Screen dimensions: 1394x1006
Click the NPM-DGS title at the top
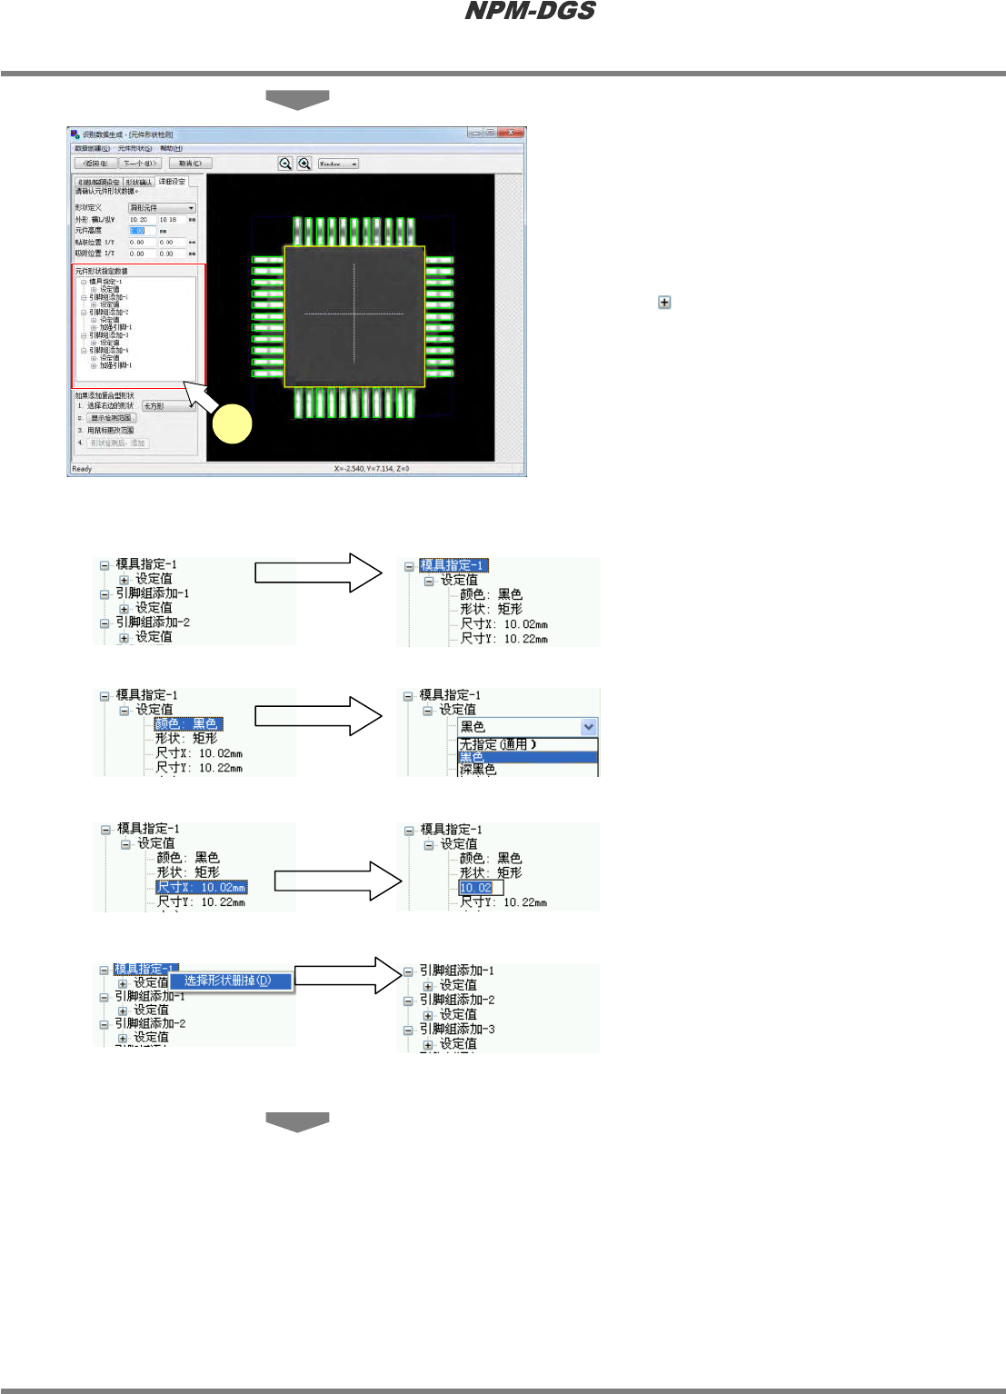tap(530, 12)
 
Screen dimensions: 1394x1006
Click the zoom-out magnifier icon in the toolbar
tap(285, 164)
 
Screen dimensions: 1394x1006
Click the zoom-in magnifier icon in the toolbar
tap(304, 164)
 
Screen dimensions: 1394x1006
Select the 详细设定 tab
tap(172, 182)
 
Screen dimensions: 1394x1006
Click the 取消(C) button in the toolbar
tap(191, 164)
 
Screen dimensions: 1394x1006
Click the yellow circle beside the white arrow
tap(232, 424)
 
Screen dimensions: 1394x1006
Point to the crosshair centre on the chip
tap(354, 314)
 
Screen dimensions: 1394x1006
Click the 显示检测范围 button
tap(112, 418)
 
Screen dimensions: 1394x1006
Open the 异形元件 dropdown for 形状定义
tap(162, 208)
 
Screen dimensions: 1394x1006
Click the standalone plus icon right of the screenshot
tap(664, 302)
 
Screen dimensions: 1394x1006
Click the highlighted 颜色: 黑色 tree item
tap(187, 724)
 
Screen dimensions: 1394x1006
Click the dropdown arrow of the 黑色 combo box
tap(589, 727)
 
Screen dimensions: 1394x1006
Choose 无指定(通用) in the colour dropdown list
tap(498, 744)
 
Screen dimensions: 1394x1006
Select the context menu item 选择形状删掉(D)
tap(228, 981)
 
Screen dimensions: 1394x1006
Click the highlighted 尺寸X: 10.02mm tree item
tap(201, 888)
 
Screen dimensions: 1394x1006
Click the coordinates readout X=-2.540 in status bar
tap(372, 469)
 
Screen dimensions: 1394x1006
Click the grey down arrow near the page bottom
tap(297, 1122)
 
